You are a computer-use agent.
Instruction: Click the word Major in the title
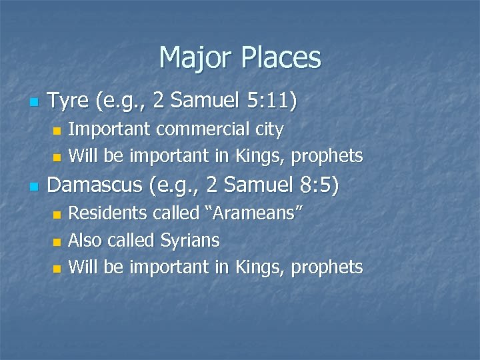coord(193,58)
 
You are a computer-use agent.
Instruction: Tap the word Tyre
coord(69,101)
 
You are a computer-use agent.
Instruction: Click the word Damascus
coord(97,185)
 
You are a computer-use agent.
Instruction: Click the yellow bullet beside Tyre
coord(34,103)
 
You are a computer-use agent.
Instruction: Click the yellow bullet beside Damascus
coord(34,186)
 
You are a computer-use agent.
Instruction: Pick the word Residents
coord(109,213)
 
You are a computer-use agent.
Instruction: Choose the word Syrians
coord(191,240)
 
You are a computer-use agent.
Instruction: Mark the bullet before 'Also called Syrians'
coord(57,241)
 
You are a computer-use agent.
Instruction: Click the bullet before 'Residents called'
coord(57,215)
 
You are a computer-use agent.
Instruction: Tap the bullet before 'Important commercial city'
coord(57,130)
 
